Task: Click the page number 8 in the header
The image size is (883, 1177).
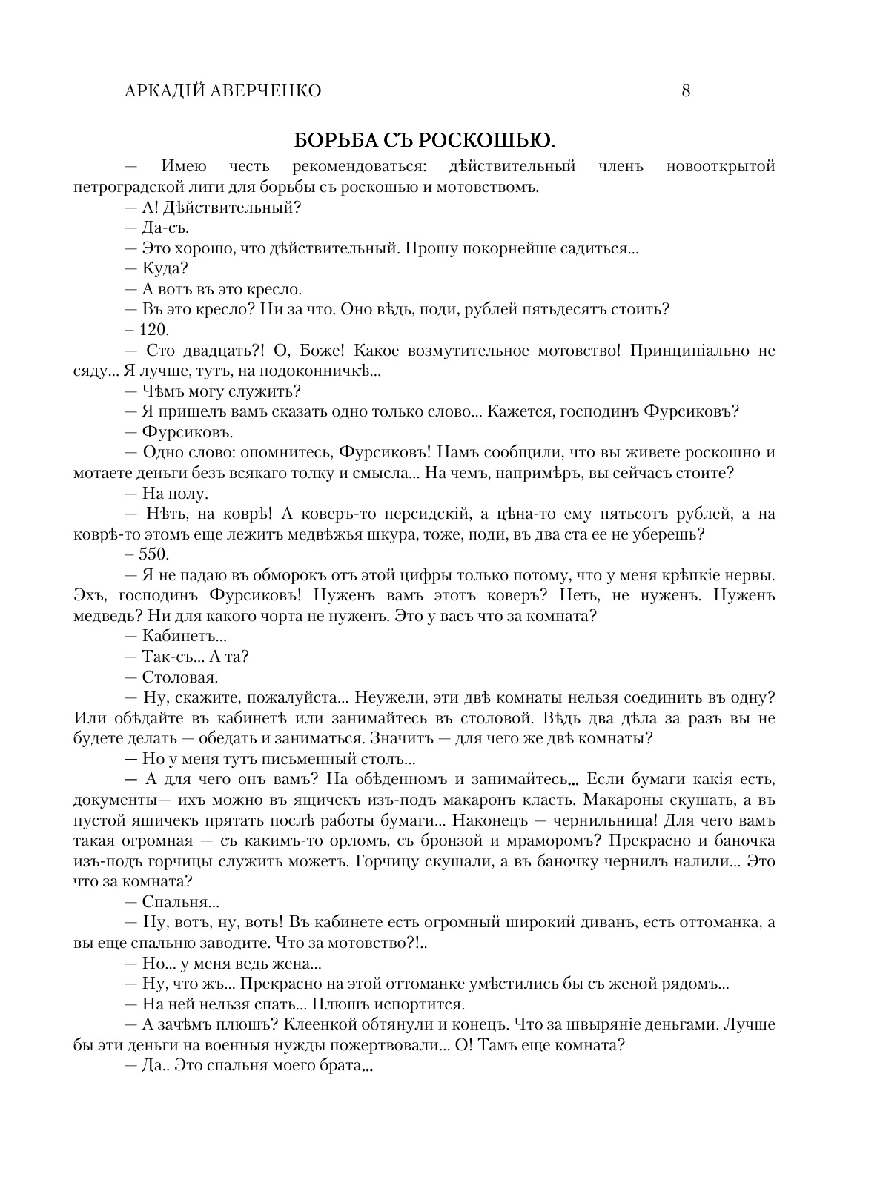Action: click(x=685, y=91)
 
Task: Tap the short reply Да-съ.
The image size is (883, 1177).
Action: click(x=165, y=228)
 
